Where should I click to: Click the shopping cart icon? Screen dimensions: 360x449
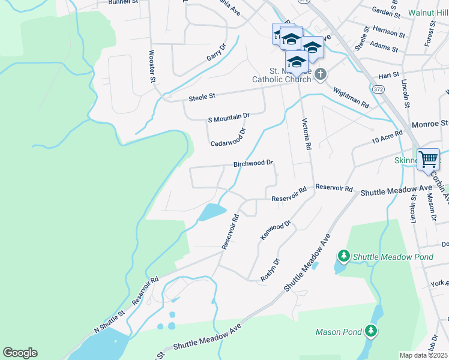(428, 160)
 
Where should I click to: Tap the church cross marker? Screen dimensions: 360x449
(321, 74)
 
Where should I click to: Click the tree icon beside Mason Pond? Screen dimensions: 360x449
(372, 331)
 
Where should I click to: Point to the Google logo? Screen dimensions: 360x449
(20, 353)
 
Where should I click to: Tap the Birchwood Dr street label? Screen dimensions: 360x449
(253, 163)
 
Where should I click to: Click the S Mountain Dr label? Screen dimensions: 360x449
(228, 116)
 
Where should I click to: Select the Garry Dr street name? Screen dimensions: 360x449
(216, 52)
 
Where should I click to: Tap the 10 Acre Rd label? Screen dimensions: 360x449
(387, 137)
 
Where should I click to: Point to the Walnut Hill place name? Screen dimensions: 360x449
(428, 12)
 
